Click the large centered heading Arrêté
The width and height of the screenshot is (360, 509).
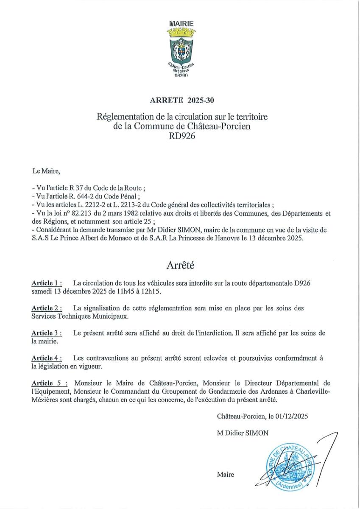179,266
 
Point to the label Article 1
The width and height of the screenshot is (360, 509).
47,283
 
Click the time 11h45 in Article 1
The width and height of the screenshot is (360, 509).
120,291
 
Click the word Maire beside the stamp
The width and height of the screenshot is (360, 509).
225,474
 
